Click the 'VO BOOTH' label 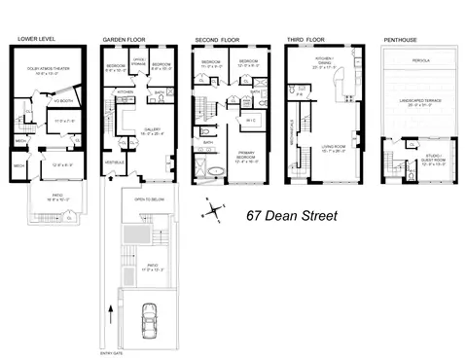click(67, 100)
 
